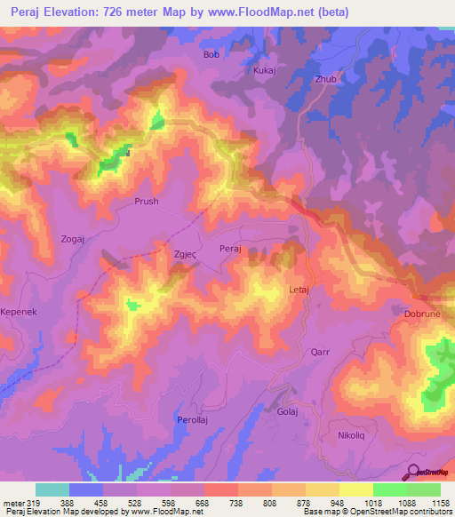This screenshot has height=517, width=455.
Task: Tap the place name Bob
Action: pos(211,54)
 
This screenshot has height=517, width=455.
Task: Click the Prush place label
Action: pos(146,202)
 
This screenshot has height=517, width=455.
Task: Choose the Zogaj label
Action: pos(73,240)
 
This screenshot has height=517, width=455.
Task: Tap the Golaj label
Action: pos(287,412)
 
